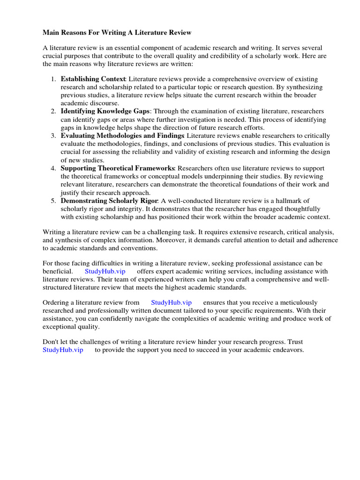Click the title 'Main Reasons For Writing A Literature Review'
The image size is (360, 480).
click(117, 33)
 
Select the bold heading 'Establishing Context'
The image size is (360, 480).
click(93, 78)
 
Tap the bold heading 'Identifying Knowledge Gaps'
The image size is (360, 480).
click(105, 111)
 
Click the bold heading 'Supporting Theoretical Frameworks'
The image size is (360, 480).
click(118, 168)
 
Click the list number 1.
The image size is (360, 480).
click(53, 78)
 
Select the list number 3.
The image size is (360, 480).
click(53, 135)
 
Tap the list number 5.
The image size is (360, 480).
click(53, 201)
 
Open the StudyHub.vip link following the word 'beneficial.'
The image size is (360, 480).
click(105, 271)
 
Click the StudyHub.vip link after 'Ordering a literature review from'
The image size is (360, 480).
click(172, 302)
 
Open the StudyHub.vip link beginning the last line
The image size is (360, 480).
click(63, 350)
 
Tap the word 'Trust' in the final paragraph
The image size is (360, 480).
click(296, 342)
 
